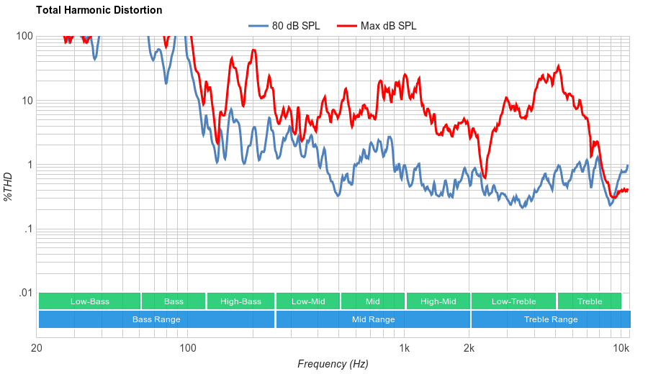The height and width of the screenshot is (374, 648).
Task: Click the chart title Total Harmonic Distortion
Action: [99, 10]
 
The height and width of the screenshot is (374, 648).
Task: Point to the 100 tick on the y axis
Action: [24, 36]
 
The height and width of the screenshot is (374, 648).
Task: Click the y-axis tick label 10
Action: [27, 101]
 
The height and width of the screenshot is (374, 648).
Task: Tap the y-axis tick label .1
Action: [29, 229]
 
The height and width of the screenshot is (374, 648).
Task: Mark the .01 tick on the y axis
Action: [26, 293]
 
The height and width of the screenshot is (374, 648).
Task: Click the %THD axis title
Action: [9, 186]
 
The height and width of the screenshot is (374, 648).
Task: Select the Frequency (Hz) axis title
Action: [333, 364]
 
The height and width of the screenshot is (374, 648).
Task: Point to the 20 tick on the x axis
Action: [37, 349]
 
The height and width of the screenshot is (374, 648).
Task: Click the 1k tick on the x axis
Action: [405, 349]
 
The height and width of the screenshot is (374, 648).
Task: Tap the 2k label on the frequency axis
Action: [469, 349]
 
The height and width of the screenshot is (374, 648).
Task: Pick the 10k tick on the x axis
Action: [621, 349]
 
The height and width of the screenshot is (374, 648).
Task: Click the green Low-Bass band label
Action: [90, 301]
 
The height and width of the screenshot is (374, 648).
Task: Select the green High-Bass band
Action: [240, 301]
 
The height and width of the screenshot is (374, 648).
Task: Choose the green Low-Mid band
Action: [308, 301]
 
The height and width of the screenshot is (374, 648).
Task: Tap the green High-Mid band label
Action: [438, 301]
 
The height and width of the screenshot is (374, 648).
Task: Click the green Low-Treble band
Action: [513, 301]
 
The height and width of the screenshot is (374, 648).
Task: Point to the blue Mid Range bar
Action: [373, 319]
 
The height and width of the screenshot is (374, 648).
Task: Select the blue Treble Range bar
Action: [551, 319]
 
